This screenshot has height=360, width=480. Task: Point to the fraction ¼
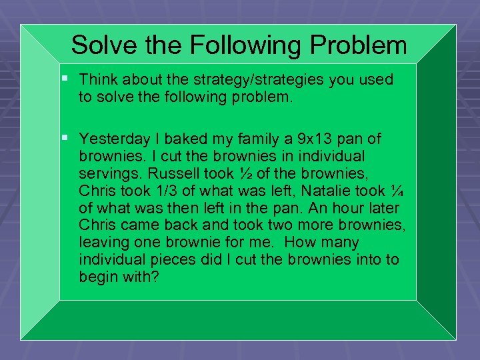click(x=397, y=191)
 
